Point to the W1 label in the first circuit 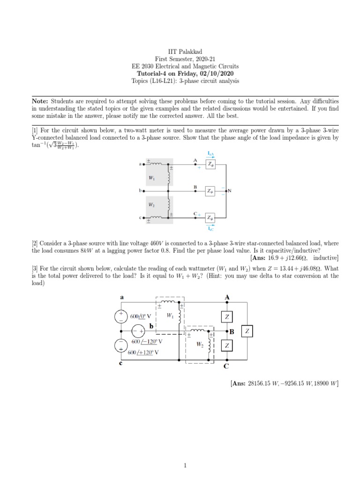point(152,178)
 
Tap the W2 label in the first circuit point(152,204)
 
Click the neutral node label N point(230,191)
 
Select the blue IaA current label point(210,154)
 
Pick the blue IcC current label point(210,228)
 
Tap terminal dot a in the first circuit point(144,164)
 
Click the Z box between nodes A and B point(226,317)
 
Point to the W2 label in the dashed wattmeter point(200,345)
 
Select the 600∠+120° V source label point(143,352)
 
